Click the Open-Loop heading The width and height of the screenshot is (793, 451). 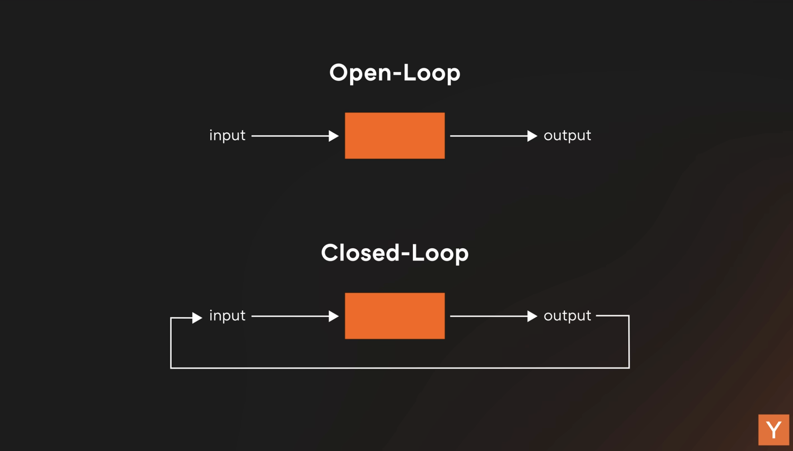click(395, 73)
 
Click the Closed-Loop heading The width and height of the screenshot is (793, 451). click(395, 253)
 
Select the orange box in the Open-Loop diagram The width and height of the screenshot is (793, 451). click(395, 136)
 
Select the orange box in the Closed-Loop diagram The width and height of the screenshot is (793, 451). click(395, 316)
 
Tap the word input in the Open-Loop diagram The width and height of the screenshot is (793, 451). click(227, 135)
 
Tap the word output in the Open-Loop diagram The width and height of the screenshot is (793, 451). click(567, 136)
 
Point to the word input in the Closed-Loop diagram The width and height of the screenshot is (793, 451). click(227, 315)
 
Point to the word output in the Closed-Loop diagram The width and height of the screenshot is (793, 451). click(567, 316)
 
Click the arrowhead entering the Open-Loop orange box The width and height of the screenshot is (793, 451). click(334, 136)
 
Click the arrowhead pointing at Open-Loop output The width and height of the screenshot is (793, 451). click(532, 136)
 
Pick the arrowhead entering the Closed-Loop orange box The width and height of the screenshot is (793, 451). click(334, 316)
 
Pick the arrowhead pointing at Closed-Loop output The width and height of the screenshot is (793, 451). click(532, 316)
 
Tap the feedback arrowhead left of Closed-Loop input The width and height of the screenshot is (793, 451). click(197, 318)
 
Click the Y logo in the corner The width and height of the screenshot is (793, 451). click(774, 430)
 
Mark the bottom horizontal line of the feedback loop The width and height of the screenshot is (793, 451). click(400, 368)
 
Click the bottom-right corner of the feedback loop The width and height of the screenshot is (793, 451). click(629, 368)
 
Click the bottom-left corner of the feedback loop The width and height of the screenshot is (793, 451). click(171, 368)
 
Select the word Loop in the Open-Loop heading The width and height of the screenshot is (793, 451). click(432, 73)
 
